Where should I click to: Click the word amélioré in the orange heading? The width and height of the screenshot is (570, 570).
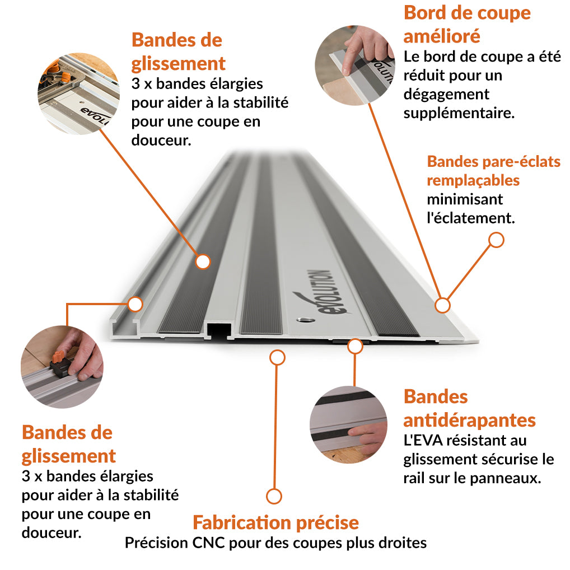[x=442, y=36]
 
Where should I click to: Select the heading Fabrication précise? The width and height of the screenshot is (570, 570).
[x=275, y=522]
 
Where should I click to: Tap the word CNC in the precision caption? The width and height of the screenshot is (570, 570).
[x=207, y=543]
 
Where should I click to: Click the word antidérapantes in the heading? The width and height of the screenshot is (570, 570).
[x=469, y=420]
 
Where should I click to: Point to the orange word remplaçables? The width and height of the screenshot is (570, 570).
[x=473, y=180]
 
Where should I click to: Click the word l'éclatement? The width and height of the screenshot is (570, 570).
[x=470, y=218]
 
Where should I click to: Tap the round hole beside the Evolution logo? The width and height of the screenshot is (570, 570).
[x=305, y=320]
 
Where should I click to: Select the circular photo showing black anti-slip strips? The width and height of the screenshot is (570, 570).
[x=348, y=423]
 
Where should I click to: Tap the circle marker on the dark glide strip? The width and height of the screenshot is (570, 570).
[x=203, y=261]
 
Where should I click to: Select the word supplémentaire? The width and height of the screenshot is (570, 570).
[x=459, y=113]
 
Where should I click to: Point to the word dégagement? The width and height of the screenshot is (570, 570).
[x=446, y=94]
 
